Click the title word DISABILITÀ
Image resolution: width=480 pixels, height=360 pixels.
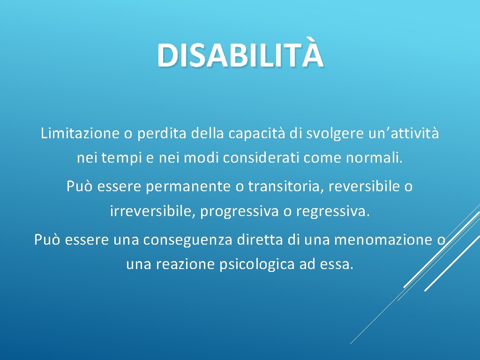click(x=240, y=54)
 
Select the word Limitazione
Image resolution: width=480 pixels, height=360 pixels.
click(x=80, y=134)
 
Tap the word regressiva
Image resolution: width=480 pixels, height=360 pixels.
click(x=332, y=211)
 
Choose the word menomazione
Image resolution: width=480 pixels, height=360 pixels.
click(x=385, y=240)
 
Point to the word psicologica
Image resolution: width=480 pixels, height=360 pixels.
click(x=256, y=265)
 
